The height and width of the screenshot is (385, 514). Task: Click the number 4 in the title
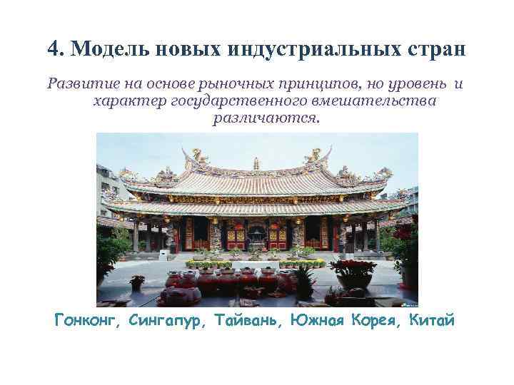click(54, 49)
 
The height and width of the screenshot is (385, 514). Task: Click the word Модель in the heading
click(108, 49)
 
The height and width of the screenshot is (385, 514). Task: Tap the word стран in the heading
click(431, 49)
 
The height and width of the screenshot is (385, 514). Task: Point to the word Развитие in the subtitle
click(76, 84)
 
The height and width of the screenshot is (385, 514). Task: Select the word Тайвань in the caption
click(247, 319)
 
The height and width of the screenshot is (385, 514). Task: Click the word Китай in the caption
click(431, 319)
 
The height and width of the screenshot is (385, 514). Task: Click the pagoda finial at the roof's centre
click(257, 163)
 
